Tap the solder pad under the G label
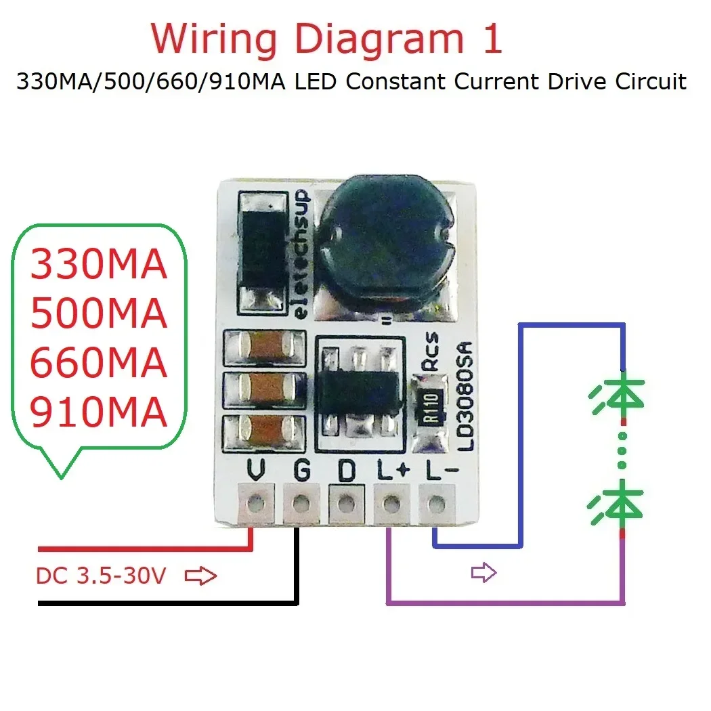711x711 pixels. (x=301, y=503)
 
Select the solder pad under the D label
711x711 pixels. (x=346, y=503)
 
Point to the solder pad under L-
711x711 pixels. (x=437, y=503)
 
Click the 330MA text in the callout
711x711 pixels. (x=99, y=264)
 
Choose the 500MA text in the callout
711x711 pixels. (x=99, y=314)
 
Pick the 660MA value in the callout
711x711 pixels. (x=99, y=363)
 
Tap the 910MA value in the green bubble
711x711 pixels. (x=99, y=412)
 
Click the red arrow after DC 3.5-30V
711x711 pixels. (x=200, y=577)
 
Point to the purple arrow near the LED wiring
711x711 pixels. (x=483, y=574)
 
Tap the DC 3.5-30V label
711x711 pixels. (x=101, y=577)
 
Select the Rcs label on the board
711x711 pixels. (x=431, y=352)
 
